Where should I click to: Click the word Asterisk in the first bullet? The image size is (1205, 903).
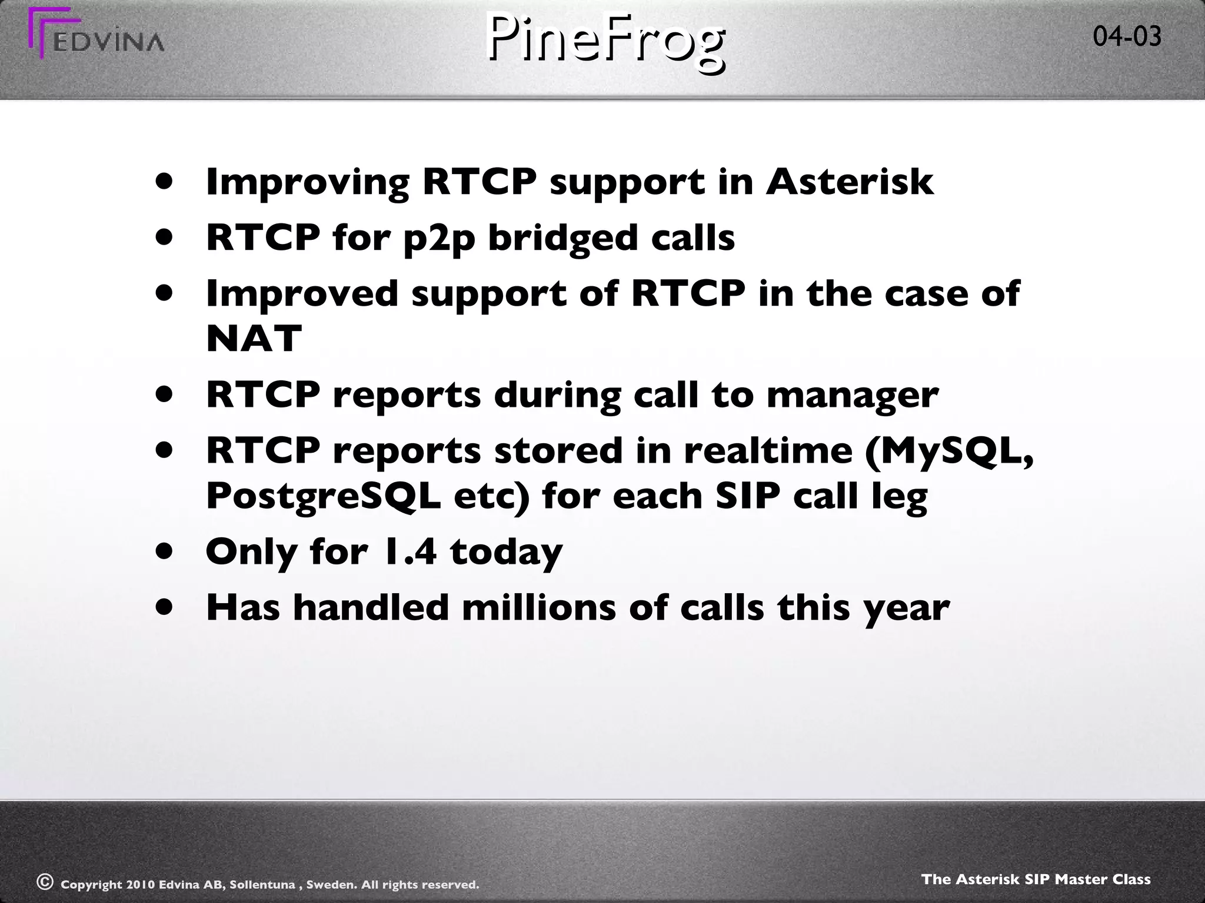coord(849,182)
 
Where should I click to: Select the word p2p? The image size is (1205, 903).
coord(439,239)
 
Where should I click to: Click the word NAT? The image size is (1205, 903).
coord(254,339)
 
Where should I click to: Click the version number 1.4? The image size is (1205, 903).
coord(408,551)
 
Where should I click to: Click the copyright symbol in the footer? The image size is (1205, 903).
coord(45,881)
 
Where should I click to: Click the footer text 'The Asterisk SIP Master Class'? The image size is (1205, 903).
coord(1036,879)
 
